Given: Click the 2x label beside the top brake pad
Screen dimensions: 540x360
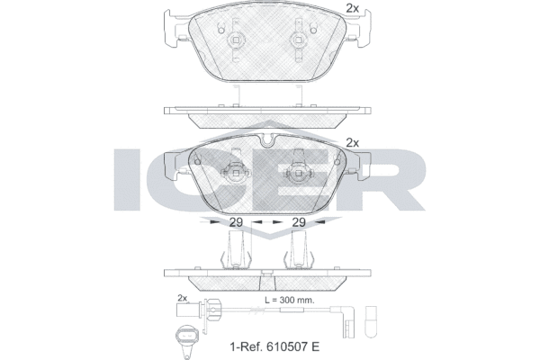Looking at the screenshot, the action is click(352, 8).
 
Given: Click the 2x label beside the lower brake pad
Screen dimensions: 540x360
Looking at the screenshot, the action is click(352, 142).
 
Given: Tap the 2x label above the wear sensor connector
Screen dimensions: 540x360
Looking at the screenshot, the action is click(182, 298).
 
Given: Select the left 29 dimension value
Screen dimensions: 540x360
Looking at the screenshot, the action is click(236, 222).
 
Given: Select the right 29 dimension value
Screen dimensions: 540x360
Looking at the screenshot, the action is click(299, 222).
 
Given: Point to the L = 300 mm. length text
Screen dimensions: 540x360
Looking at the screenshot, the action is click(289, 300).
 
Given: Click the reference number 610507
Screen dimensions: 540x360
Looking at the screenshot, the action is click(286, 346).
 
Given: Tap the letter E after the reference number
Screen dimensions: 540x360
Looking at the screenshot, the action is click(315, 346).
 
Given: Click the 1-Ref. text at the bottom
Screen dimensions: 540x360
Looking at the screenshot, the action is click(246, 346).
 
